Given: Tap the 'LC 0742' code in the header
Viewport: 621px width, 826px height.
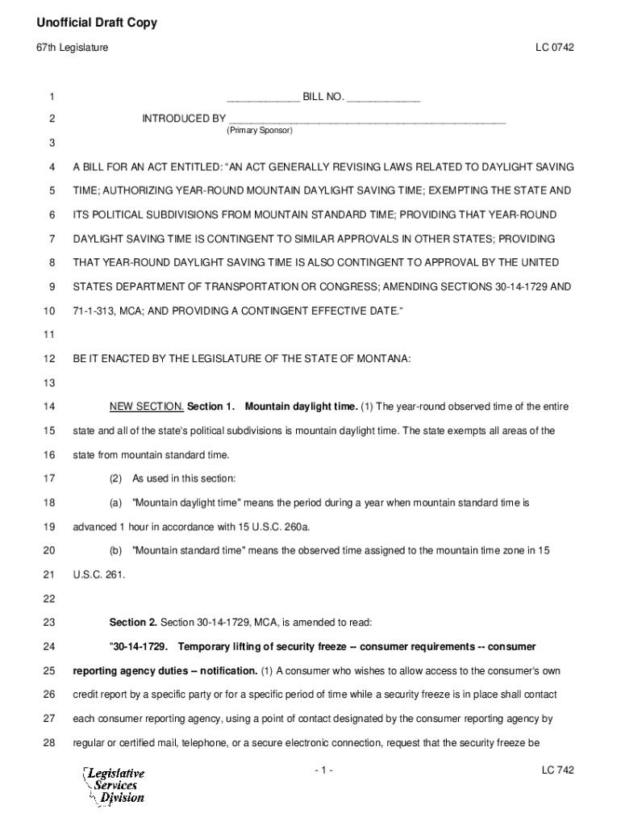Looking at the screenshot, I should point(554,48).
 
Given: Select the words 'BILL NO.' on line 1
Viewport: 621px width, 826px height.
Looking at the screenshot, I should point(323,98).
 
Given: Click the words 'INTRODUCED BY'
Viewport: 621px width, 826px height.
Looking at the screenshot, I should point(184,119).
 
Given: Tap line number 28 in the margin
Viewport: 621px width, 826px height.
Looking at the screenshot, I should point(49,742).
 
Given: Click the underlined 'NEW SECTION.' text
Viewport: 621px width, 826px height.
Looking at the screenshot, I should point(147,407).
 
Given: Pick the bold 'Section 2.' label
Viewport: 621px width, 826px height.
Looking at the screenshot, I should point(133,623).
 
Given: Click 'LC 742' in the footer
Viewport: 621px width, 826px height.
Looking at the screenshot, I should point(557,771).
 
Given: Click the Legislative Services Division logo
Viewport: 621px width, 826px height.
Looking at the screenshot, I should point(113,785).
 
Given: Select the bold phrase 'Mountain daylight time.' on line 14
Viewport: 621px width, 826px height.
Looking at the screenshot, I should point(301,407).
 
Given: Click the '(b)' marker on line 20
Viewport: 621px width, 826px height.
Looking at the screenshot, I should point(115,551).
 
